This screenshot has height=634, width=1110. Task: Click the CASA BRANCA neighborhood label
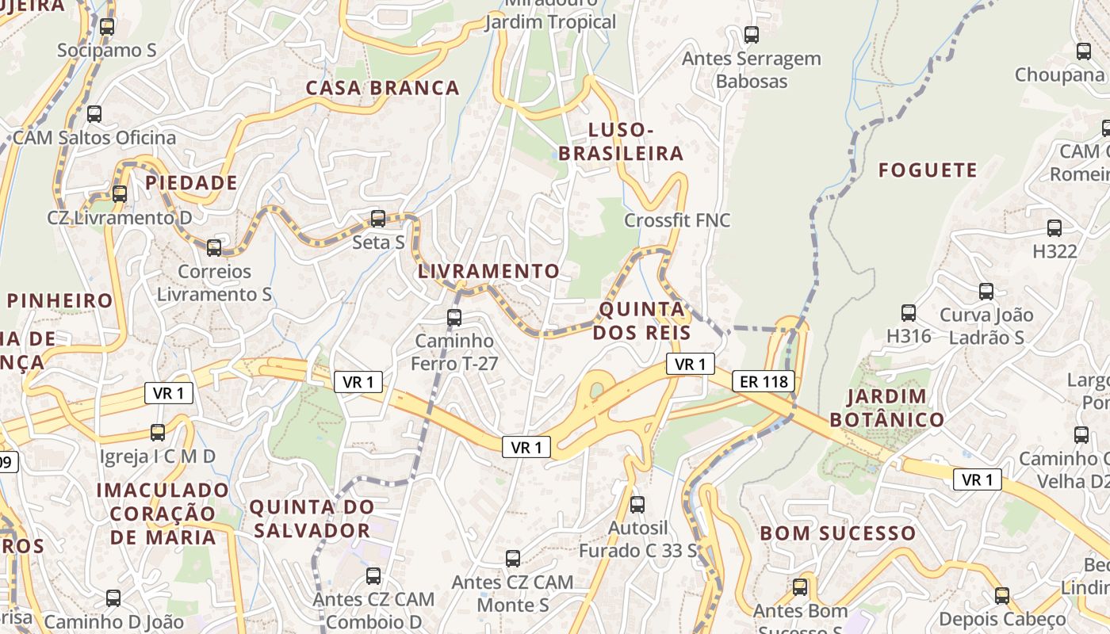pos(383,88)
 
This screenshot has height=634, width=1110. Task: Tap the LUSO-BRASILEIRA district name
pos(621,142)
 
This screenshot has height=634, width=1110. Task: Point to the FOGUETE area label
pos(928,170)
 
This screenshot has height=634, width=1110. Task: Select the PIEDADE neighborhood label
pos(191,183)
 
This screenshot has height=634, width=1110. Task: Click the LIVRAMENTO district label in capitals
pos(488,271)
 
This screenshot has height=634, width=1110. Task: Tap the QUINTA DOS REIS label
pos(641,320)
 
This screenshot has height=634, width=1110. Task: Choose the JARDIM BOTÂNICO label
pos(895,407)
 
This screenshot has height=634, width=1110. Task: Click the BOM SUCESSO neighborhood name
pos(838,533)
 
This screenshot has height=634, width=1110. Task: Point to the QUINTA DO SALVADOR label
pos(311,518)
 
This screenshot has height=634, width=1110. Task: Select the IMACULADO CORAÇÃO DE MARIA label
pos(163,514)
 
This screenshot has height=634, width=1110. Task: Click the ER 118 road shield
pos(763,381)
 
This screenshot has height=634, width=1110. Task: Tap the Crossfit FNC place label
pos(677,220)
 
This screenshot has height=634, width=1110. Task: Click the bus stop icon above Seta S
pos(378,218)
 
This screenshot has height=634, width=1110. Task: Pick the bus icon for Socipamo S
pos(107,26)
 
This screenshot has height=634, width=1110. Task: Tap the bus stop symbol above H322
pos(1054,228)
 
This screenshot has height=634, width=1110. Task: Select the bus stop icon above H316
pos(909,313)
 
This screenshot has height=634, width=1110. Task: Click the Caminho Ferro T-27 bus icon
pos(454,318)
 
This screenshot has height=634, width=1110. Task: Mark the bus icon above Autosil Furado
pos(637,504)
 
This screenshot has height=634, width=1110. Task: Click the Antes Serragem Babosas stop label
pos(751,70)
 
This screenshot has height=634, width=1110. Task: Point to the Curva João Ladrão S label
pos(982,326)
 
